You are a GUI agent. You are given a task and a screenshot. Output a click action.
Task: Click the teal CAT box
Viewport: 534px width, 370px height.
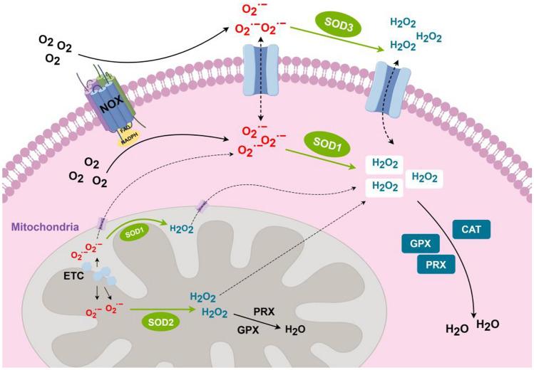(x=476, y=230)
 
